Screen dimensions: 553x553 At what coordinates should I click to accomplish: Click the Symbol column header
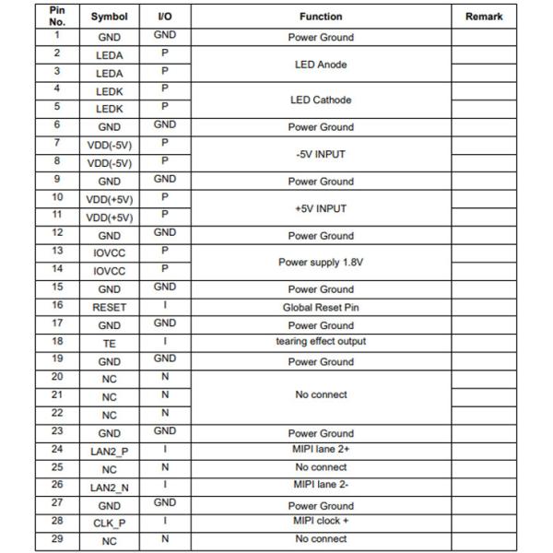109,17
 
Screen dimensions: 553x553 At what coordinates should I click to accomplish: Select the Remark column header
484,17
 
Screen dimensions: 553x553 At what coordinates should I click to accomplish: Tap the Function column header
321,17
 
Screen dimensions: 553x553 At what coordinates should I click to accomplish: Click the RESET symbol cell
109,307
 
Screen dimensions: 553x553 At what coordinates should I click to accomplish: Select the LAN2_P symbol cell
109,452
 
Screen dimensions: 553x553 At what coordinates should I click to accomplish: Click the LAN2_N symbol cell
109,487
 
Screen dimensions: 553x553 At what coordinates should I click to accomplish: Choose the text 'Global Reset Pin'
321,307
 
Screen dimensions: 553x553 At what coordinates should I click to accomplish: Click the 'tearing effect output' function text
321,341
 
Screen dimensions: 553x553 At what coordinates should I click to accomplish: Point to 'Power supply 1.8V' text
321,263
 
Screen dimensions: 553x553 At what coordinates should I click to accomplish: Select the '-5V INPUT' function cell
321,155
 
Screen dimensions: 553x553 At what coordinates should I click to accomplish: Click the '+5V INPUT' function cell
321,209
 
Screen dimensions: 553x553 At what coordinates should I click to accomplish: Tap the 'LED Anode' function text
321,65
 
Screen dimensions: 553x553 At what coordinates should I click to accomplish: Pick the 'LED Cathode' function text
321,100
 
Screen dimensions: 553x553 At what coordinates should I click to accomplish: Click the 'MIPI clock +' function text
321,521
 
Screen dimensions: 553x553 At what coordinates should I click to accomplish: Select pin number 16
57,305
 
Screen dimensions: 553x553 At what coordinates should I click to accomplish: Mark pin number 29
57,538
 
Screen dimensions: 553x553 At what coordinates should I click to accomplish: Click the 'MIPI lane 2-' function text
321,484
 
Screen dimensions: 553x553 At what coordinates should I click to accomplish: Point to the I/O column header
165,17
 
